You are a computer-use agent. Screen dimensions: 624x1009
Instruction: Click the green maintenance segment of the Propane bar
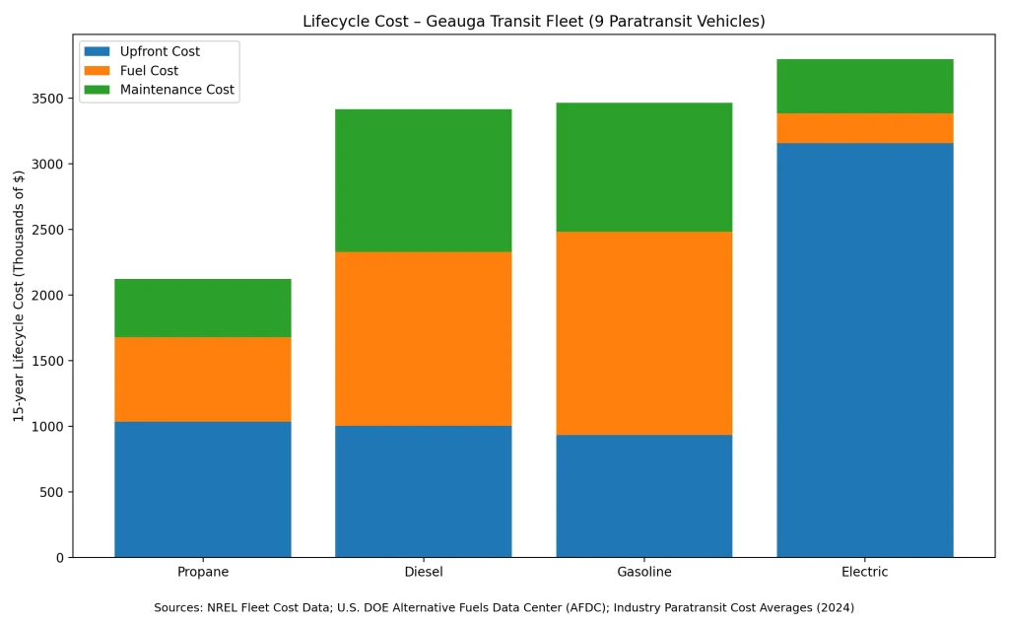click(202, 308)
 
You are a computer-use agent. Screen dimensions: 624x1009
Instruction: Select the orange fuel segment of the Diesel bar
click(423, 338)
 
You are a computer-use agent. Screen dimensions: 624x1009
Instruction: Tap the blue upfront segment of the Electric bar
click(864, 350)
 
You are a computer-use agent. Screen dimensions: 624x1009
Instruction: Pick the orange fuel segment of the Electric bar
click(864, 128)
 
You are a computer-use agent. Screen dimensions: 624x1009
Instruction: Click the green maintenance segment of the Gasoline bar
click(643, 167)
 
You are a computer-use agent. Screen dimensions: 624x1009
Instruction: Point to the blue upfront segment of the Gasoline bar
click(643, 496)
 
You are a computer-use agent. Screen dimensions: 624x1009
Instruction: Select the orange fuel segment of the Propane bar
click(202, 380)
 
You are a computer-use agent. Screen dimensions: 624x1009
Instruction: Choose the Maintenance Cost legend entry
click(176, 90)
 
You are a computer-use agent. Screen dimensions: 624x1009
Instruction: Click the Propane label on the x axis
click(203, 573)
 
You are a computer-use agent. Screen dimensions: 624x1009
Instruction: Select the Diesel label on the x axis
click(423, 573)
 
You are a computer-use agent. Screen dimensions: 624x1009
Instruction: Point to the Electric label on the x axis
click(864, 573)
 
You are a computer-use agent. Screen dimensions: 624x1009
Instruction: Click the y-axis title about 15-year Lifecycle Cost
click(19, 296)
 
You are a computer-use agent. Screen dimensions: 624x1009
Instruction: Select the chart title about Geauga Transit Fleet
click(533, 22)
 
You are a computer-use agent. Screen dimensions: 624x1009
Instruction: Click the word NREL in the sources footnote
click(222, 608)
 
